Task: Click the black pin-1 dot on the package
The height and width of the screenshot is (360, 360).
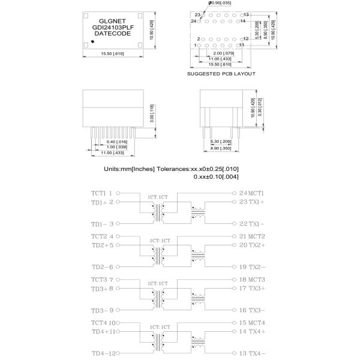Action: (92, 41)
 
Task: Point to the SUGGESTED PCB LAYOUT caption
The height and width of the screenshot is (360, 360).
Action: (221, 74)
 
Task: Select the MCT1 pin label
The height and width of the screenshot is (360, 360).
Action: (256, 193)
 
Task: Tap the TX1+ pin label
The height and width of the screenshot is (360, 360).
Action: (256, 202)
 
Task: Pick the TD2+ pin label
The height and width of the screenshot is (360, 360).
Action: (99, 245)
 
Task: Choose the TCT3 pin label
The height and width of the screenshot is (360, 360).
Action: (99, 280)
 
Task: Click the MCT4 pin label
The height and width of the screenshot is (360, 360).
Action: (256, 323)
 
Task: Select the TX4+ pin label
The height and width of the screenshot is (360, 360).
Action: (256, 331)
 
